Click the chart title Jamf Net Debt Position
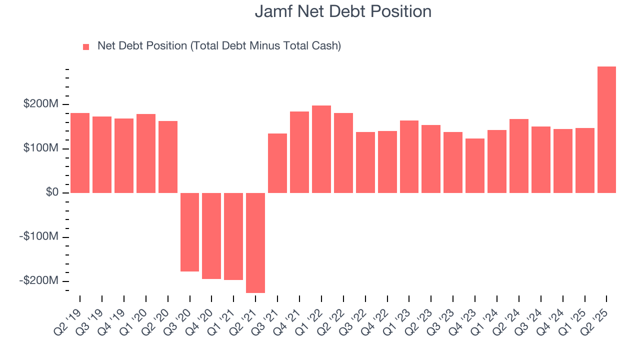click(343, 11)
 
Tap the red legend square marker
click(86, 46)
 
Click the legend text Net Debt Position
click(219, 46)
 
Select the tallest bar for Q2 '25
click(606, 130)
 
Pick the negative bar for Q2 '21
click(255, 242)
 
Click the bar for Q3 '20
click(189, 232)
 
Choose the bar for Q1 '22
click(321, 149)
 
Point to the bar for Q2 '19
click(80, 153)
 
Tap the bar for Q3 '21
click(277, 163)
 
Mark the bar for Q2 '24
click(519, 155)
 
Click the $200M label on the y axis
click(40, 104)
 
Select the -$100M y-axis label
click(39, 236)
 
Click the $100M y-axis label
click(40, 149)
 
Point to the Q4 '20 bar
click(211, 236)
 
